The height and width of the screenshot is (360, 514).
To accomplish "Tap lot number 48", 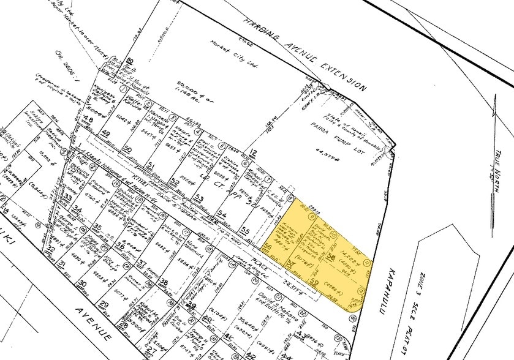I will pos(88,119).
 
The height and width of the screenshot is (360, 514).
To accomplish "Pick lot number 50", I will pos(127,149).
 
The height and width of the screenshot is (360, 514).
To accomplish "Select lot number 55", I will pos(245,230).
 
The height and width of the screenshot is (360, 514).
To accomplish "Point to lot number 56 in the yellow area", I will pos(267,246).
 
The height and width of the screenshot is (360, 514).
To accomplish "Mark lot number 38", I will pos(164,283).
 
